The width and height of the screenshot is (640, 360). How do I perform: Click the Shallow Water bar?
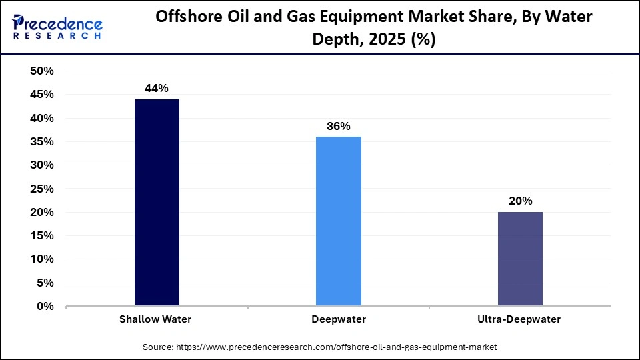coord(157,203)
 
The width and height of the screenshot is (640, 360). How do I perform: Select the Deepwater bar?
coord(338,221)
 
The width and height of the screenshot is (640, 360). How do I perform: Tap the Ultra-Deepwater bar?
coord(519,259)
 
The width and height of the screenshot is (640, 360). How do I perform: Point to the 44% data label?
coord(157,88)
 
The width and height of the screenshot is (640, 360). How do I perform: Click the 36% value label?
coord(338,126)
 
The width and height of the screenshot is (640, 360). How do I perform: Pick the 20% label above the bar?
coord(519,201)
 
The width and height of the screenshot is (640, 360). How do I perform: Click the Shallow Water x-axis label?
coord(155,319)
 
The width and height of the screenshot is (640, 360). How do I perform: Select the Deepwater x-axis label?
coord(338,319)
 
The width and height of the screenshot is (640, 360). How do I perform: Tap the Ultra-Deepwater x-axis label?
coord(519,319)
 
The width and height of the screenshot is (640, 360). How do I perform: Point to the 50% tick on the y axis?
coord(42,71)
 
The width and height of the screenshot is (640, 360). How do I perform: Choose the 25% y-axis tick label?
coord(42,189)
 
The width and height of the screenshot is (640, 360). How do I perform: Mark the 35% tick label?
coord(42,142)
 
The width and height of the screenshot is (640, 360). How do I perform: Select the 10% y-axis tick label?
coord(42,259)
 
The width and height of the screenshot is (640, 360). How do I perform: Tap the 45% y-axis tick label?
coord(42,95)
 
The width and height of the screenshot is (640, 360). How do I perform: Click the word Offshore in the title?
coord(187,18)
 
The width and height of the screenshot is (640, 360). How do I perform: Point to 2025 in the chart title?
coord(391,40)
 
